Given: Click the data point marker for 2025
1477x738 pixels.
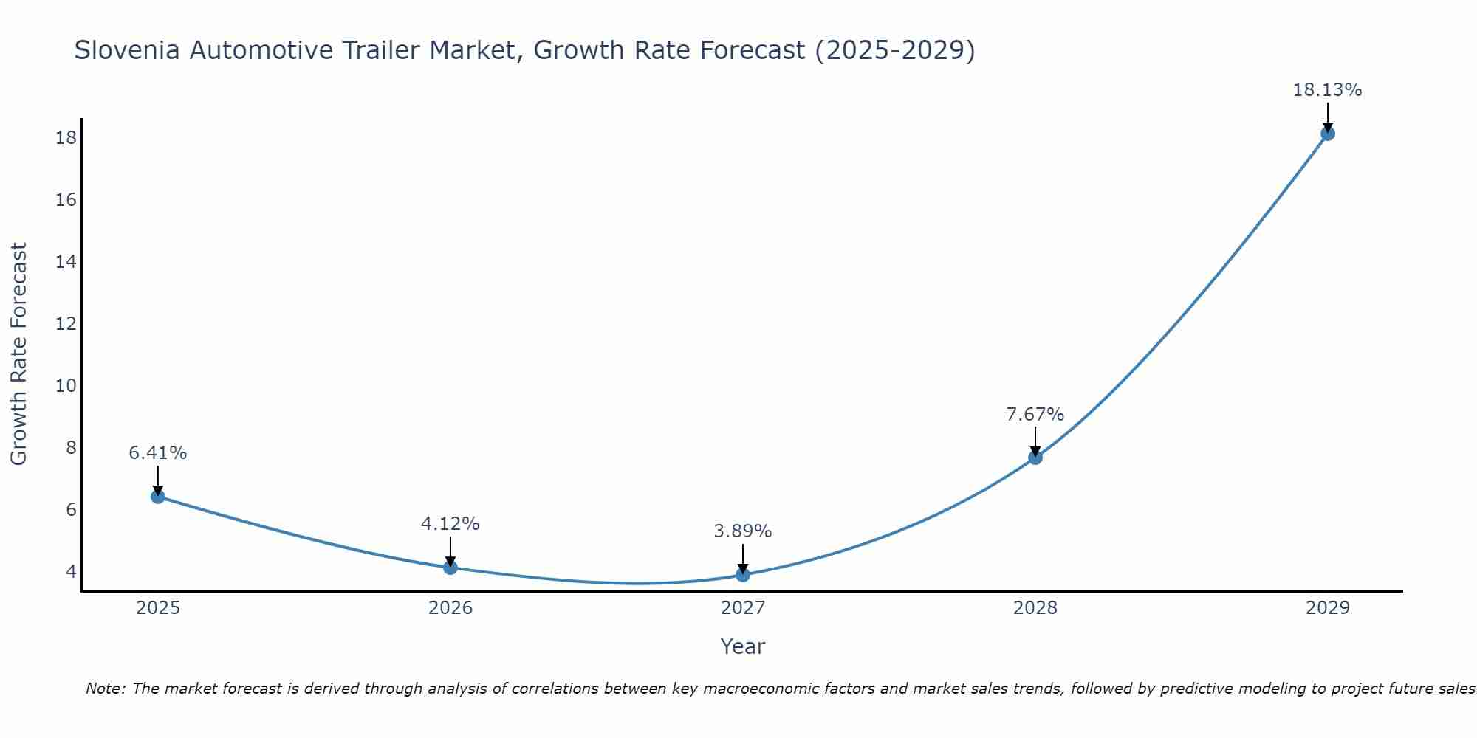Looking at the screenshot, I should coord(158,497).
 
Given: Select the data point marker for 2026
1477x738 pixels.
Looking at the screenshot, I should coord(450,568).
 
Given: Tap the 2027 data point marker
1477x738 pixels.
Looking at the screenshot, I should coord(743,575).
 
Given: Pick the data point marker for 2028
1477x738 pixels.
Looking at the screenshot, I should coord(1035,458).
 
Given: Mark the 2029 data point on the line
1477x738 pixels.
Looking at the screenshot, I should coord(1328,134).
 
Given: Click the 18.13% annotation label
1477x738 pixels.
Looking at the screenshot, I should coord(1327,90).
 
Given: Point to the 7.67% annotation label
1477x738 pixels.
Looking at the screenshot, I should coord(1035,415).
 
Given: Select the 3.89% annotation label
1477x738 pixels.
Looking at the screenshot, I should coord(743,531).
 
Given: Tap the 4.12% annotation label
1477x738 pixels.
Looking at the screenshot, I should coord(450,524).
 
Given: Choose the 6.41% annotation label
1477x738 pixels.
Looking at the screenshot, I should coord(158,453).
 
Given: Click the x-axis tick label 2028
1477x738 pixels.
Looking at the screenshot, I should coord(1035,608).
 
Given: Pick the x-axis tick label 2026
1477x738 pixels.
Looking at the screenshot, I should coord(450,608).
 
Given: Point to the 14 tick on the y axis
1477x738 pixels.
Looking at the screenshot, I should coord(66,262).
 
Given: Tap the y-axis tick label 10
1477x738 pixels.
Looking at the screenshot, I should coord(66,386).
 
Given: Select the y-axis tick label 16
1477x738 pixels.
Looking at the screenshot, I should coord(66,200).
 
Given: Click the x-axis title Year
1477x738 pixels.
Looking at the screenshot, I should coord(743,646).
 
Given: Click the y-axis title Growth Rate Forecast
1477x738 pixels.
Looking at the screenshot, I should coord(19,354).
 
